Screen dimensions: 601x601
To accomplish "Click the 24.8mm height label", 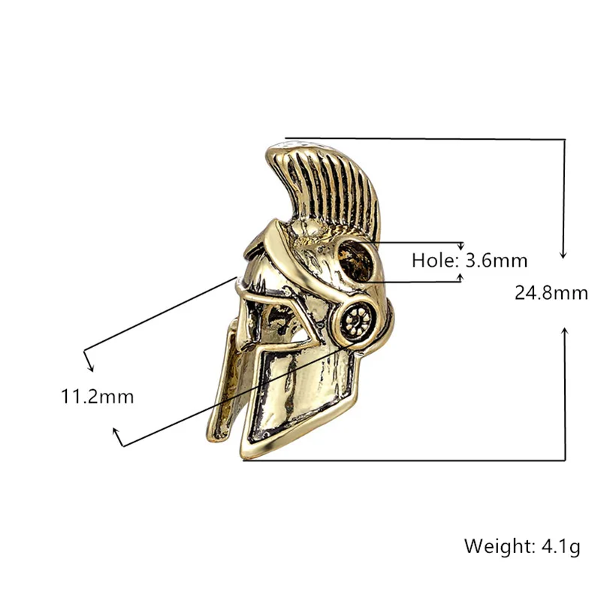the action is (551, 293).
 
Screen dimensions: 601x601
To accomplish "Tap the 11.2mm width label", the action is (98, 397).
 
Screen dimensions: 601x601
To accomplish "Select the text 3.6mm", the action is (496, 261).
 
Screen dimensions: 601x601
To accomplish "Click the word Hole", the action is (435, 261).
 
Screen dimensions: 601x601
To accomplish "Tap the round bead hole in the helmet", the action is (355, 261).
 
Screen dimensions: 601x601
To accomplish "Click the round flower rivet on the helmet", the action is (356, 319).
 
